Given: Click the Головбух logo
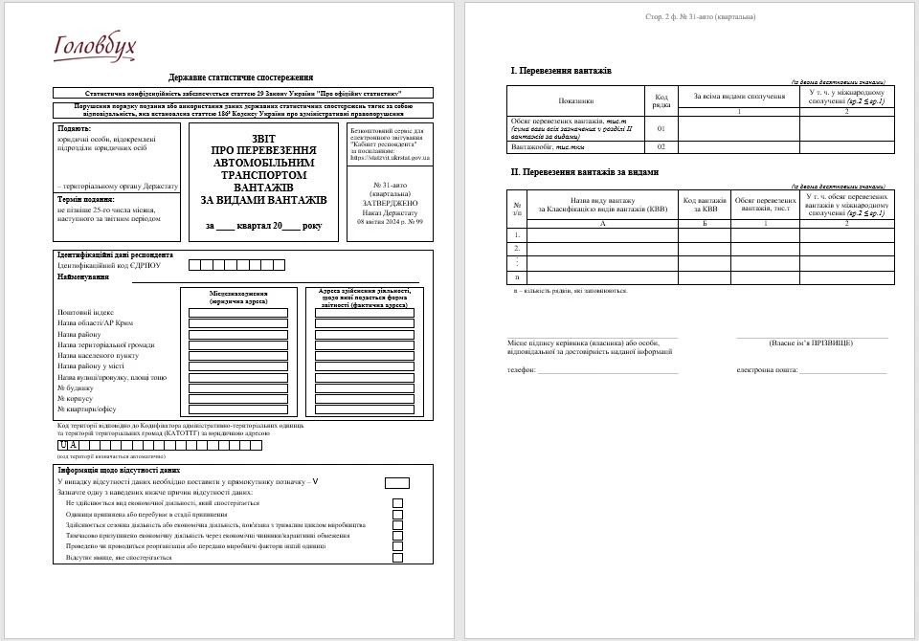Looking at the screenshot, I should click(x=96, y=46).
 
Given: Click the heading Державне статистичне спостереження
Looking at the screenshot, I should click(x=241, y=77).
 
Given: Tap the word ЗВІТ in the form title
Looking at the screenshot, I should click(x=263, y=138).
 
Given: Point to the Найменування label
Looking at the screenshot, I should click(x=82, y=276).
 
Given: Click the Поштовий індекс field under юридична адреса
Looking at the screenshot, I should click(x=238, y=313).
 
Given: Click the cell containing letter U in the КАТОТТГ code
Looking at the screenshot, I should click(x=63, y=445).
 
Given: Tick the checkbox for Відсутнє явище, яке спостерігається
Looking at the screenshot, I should click(x=397, y=557).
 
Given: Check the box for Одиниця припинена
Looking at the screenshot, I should click(x=397, y=514).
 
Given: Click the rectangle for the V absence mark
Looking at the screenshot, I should click(x=396, y=482).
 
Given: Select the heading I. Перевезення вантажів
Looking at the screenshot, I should click(x=561, y=71).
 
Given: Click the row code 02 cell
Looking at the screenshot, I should click(x=661, y=147).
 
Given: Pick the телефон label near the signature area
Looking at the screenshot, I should click(x=521, y=368).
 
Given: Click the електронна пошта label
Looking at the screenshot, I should click(x=768, y=368).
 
